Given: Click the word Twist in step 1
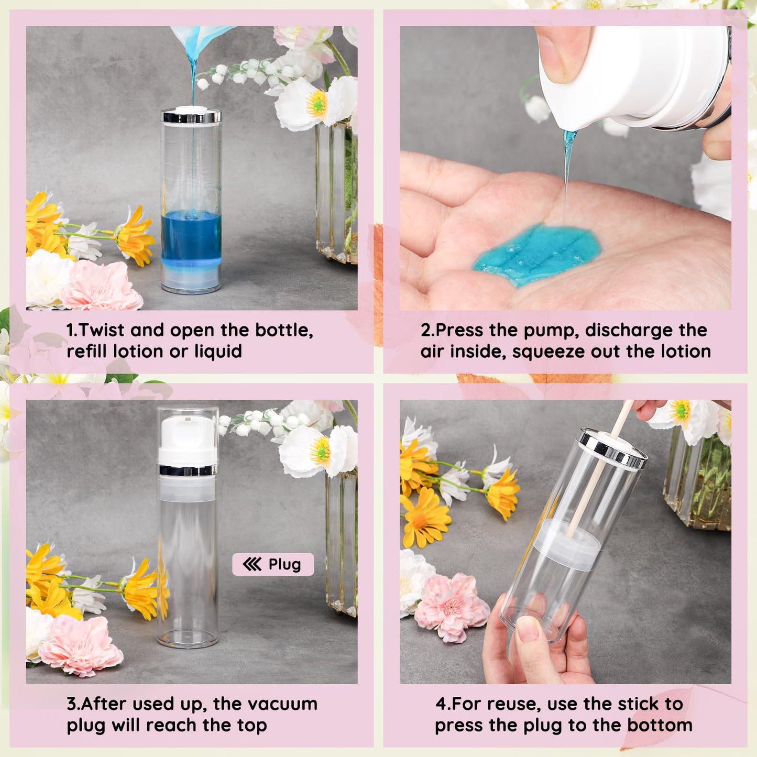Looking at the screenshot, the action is click(102, 330).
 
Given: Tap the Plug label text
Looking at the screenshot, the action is click(285, 565).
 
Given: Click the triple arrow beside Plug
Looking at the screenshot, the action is click(252, 565).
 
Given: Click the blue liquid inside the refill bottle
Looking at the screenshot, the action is click(191, 236).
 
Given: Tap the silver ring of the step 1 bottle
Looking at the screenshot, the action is click(191, 117).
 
